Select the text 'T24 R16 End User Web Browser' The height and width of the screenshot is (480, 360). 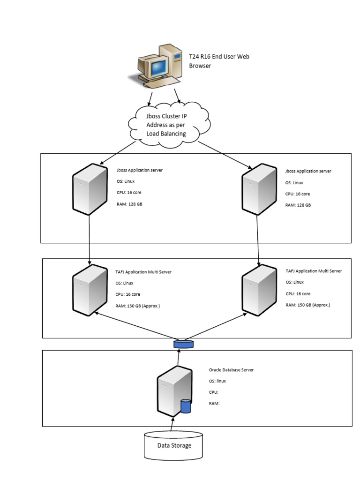[218, 61]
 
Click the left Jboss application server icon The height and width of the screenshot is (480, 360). [90, 189]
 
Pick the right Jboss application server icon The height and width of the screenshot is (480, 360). [258, 189]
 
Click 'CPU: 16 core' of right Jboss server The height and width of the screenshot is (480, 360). [298, 194]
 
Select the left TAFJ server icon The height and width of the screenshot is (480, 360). [90, 290]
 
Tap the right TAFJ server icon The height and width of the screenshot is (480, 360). [258, 290]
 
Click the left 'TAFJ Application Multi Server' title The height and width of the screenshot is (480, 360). [144, 271]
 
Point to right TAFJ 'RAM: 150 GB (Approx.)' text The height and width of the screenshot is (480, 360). [308, 305]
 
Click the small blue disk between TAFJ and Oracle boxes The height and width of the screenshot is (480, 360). [183, 345]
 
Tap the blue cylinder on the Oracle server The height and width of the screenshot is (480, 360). [186, 406]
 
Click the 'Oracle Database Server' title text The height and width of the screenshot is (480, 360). [231, 370]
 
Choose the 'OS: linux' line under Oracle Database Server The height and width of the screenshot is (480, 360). [218, 381]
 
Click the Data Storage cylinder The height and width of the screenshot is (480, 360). [173, 445]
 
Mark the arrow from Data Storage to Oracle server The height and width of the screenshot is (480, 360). [172, 424]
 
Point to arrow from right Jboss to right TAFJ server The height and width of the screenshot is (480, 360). [259, 239]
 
